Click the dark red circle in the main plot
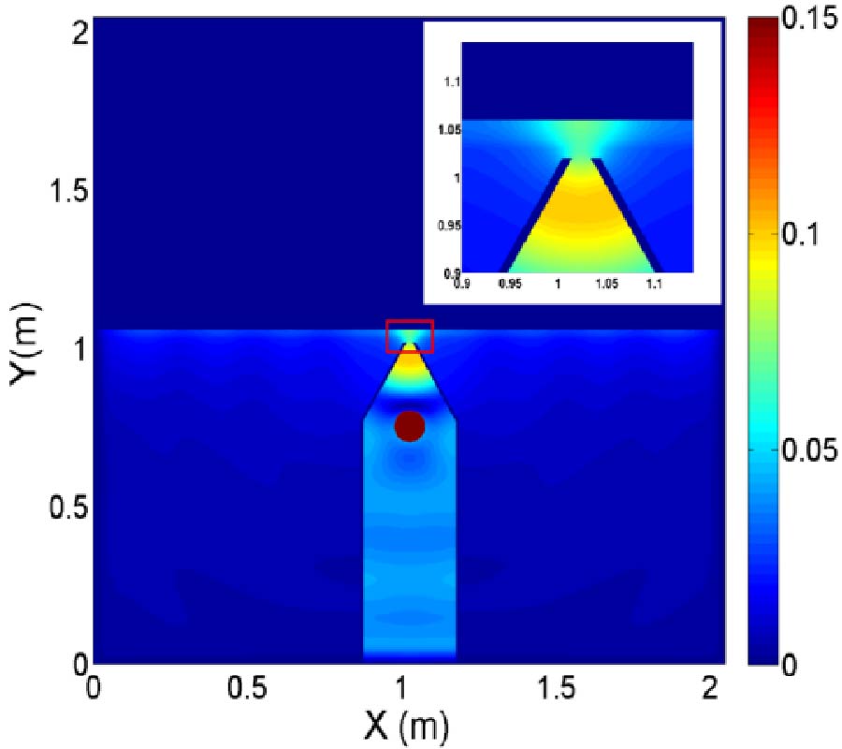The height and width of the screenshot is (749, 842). (410, 426)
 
